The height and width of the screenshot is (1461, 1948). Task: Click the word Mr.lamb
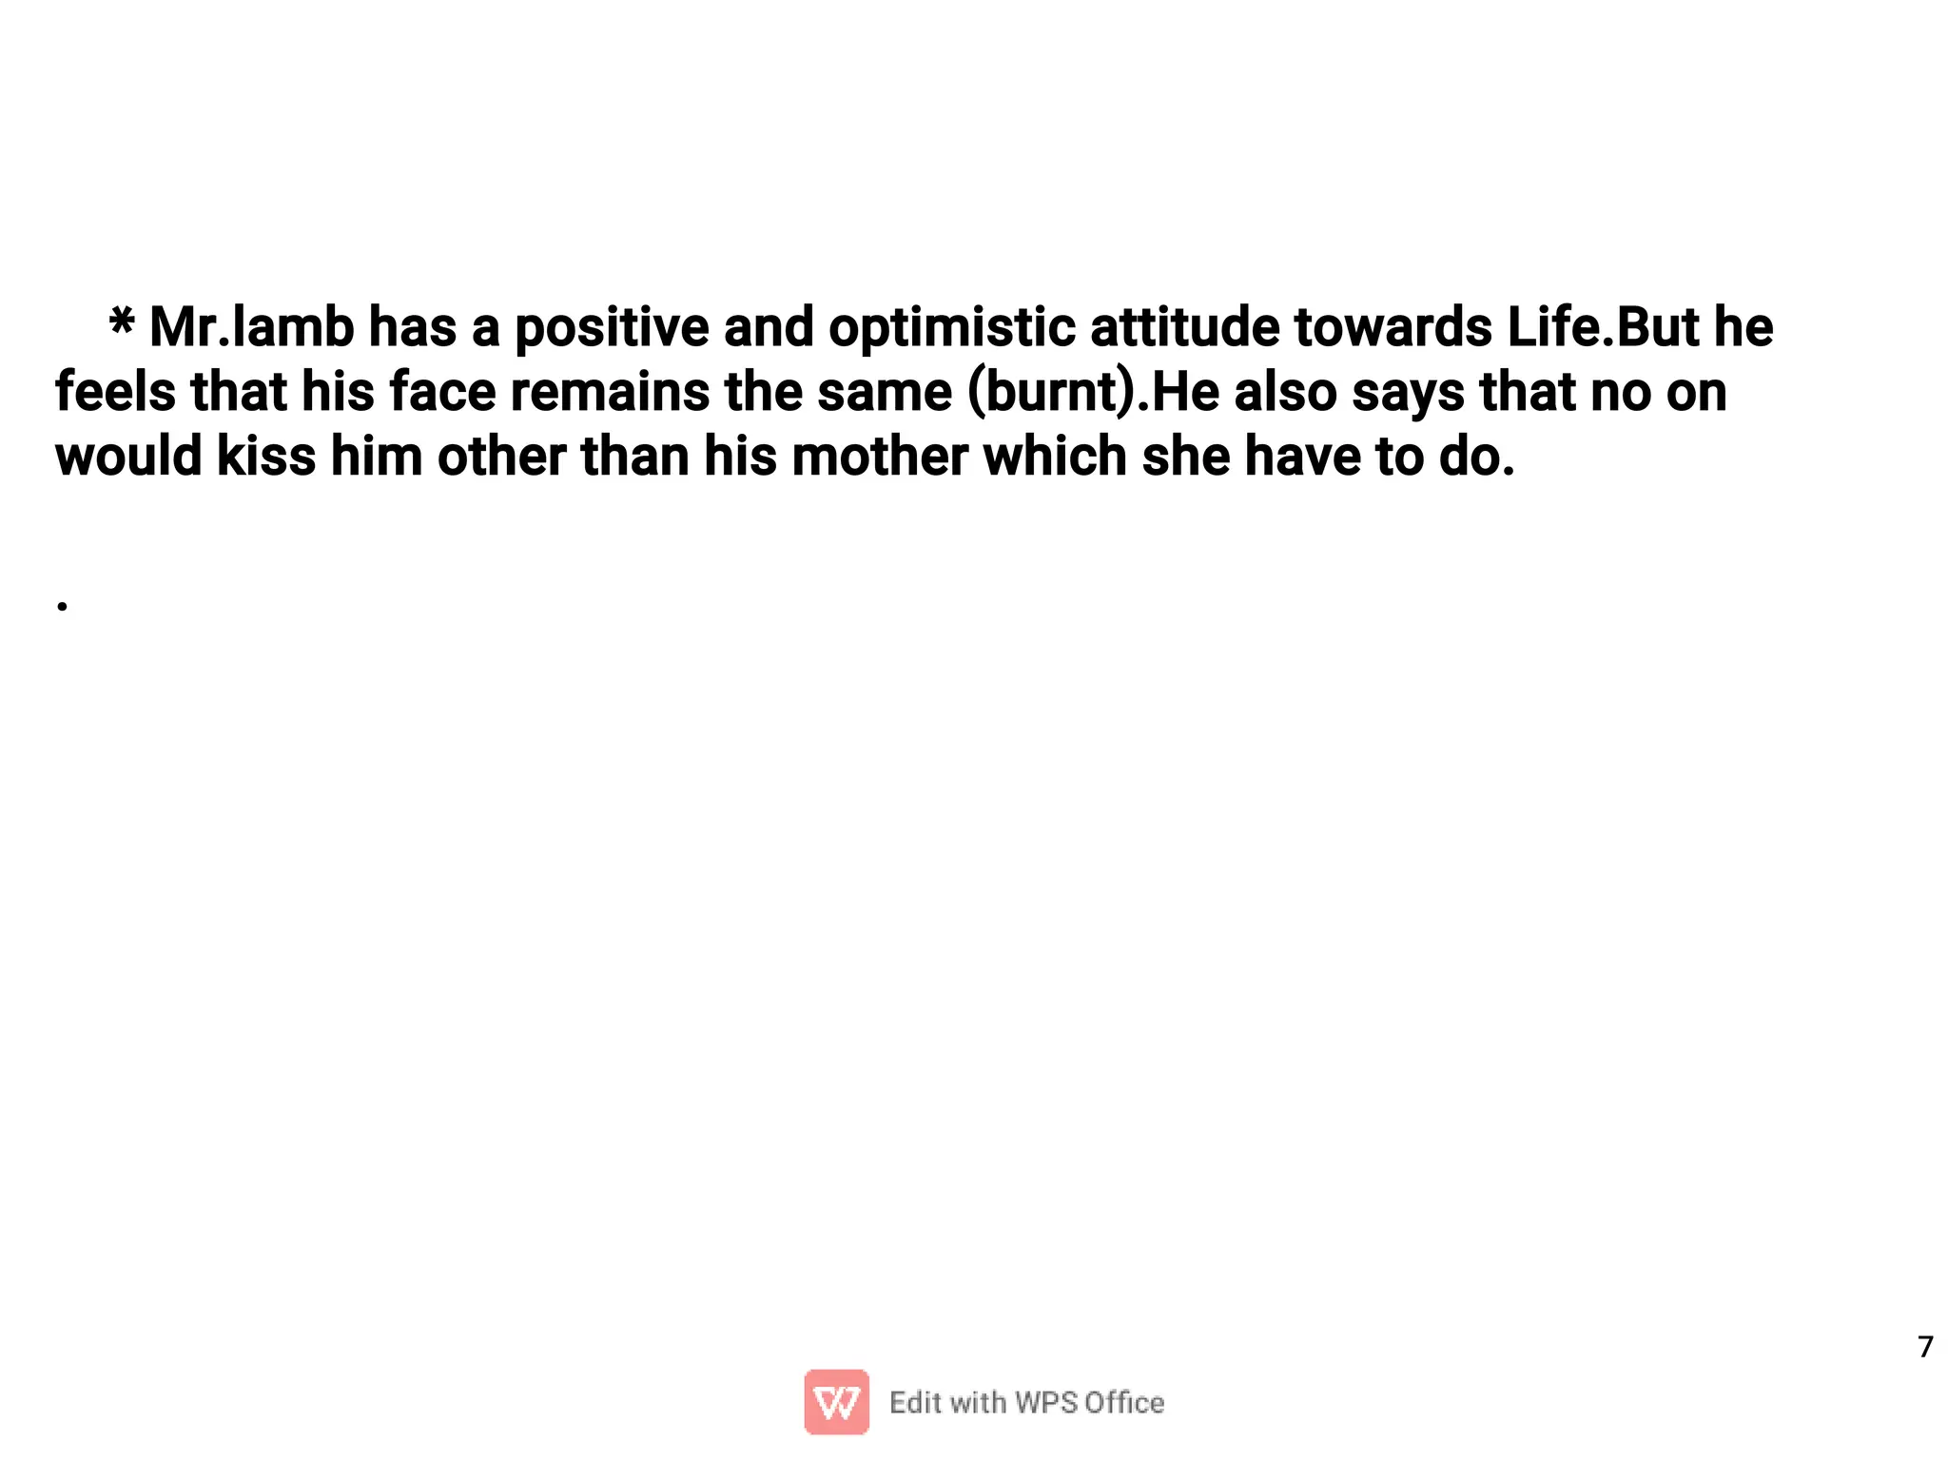[252, 327]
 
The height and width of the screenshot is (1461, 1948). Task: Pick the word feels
[115, 392]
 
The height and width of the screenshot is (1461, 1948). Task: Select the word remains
[610, 392]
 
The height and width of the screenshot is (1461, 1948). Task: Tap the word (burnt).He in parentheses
[1093, 393]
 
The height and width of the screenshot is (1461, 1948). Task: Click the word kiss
[266, 457]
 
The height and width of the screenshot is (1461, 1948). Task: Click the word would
[128, 457]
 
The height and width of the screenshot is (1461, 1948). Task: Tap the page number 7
[1925, 1348]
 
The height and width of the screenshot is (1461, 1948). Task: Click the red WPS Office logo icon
[836, 1402]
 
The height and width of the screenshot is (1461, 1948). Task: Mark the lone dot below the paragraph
[62, 606]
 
